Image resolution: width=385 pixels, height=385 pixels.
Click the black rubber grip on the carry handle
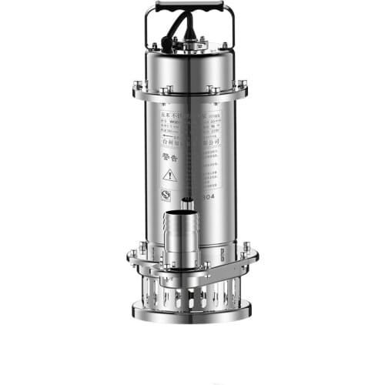point(189,6)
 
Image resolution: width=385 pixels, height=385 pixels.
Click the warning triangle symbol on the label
point(170,176)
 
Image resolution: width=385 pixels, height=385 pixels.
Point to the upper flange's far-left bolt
point(138,85)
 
